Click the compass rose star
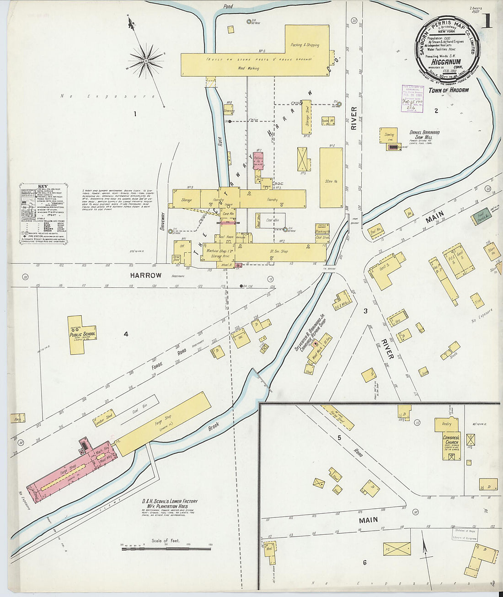pos(146,60)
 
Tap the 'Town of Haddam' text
pos(448,90)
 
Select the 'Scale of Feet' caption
pos(166,541)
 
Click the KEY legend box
pos(43,214)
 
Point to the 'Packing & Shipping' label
pos(305,45)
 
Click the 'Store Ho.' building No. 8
pos(331,178)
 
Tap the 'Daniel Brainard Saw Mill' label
pos(424,135)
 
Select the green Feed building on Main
pos(480,215)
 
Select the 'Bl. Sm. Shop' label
pos(278,252)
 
